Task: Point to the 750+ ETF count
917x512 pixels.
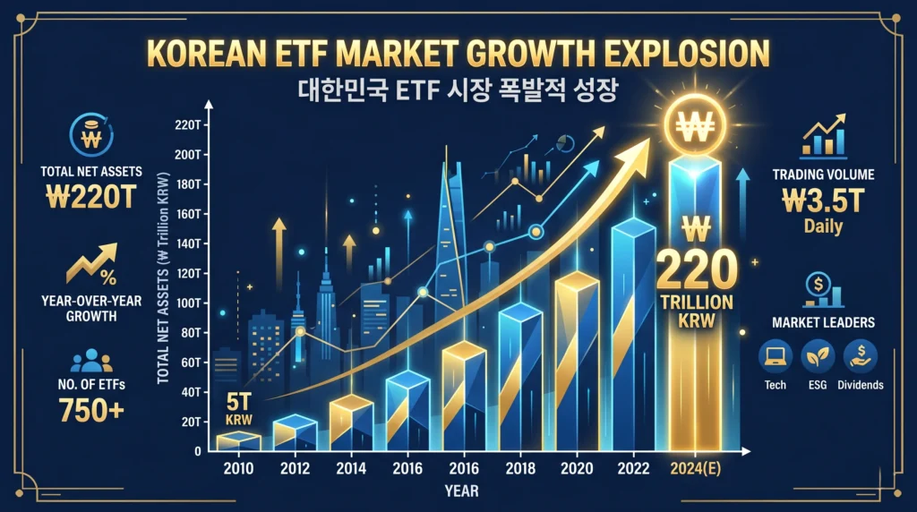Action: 88,410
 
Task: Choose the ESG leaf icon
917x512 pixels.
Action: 816,355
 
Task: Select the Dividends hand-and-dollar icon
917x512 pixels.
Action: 861,355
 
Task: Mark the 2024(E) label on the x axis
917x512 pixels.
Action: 694,468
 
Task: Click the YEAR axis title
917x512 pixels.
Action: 460,491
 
